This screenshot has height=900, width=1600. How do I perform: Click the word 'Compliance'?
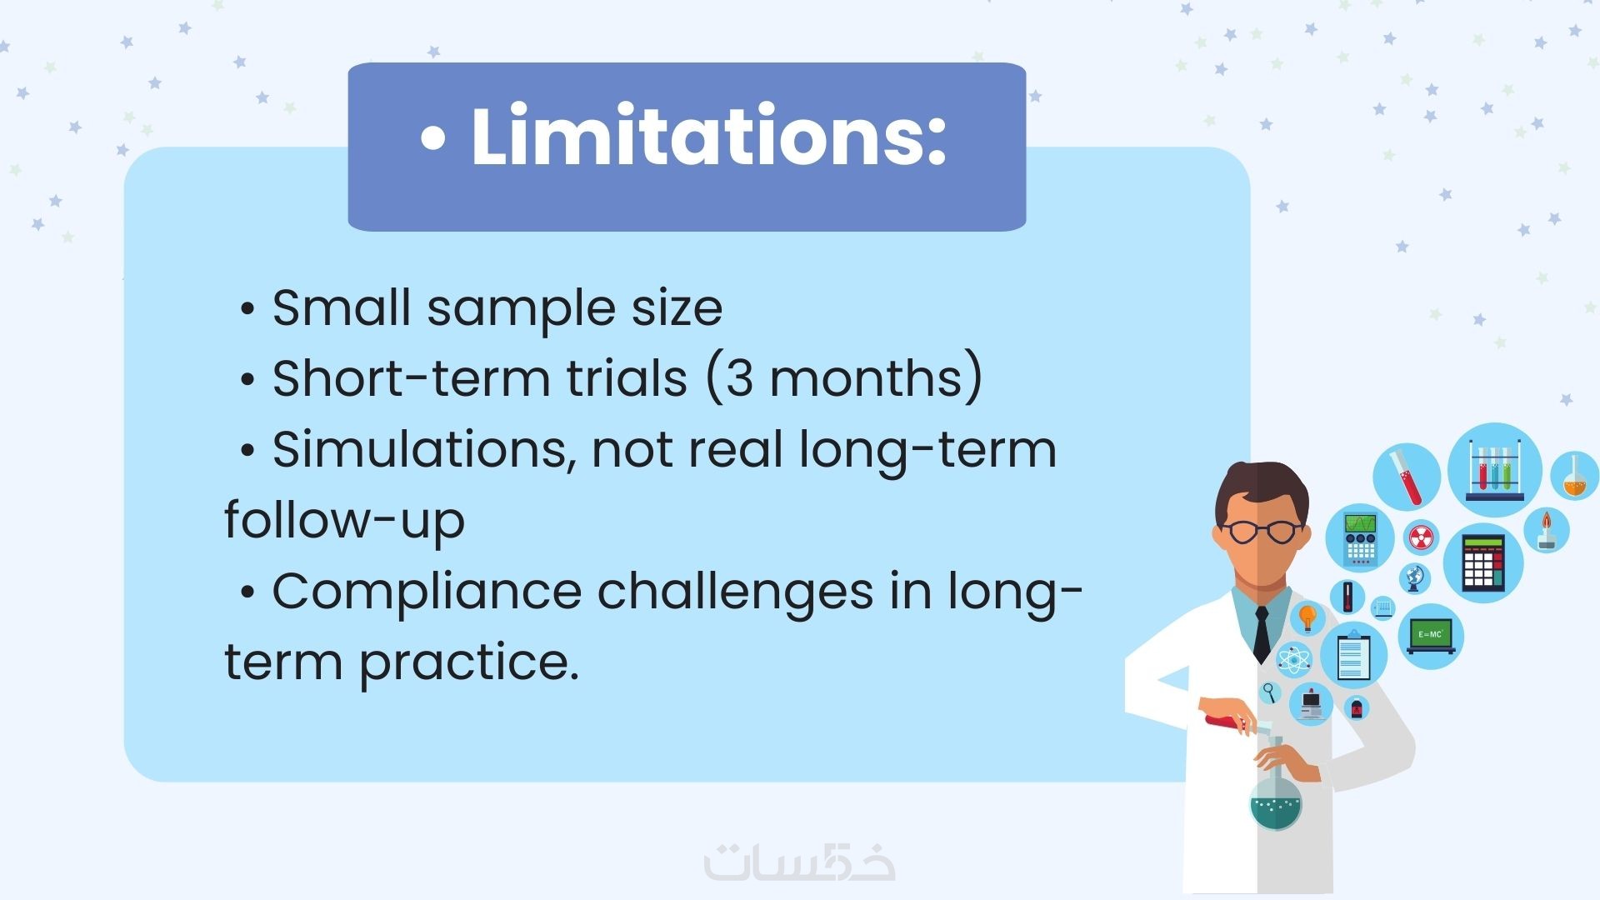427,593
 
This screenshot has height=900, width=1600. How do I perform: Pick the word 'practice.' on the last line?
469,663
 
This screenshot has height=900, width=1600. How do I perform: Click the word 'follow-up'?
344,521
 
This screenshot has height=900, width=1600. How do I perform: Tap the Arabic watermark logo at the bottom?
800,862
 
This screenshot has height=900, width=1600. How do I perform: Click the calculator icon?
1483,563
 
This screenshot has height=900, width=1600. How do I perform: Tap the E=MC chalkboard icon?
1431,636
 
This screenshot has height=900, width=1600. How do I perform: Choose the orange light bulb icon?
1307,618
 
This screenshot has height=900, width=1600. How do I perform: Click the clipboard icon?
1353,657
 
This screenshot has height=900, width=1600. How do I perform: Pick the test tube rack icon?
1495,470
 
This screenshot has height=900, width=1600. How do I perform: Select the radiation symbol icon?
1422,537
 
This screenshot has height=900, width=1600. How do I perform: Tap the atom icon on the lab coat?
1293,660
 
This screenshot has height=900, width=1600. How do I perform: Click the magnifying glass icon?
1270,691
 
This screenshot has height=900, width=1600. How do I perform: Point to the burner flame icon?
1547,531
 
